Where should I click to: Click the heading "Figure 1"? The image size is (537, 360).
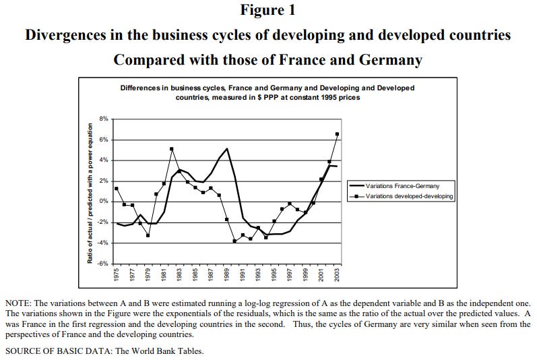(x=267, y=11)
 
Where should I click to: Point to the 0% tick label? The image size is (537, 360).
(x=103, y=202)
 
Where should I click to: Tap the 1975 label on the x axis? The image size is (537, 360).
(x=117, y=275)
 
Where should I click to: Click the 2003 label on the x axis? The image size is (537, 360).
(x=337, y=275)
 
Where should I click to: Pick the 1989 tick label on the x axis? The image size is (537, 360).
(x=227, y=275)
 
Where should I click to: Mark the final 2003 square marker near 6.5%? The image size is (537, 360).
(x=337, y=134)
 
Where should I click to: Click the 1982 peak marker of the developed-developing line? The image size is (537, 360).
(x=172, y=149)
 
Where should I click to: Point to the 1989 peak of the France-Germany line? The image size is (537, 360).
(x=227, y=148)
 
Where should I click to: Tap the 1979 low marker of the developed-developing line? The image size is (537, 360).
(x=148, y=235)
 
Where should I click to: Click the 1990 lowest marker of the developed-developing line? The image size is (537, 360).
(x=234, y=241)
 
